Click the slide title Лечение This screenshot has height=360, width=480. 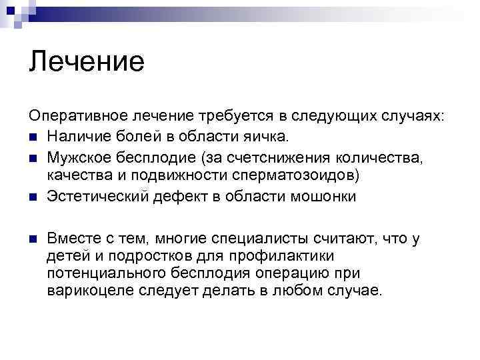click(x=87, y=62)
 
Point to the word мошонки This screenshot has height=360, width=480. click(x=325, y=197)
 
